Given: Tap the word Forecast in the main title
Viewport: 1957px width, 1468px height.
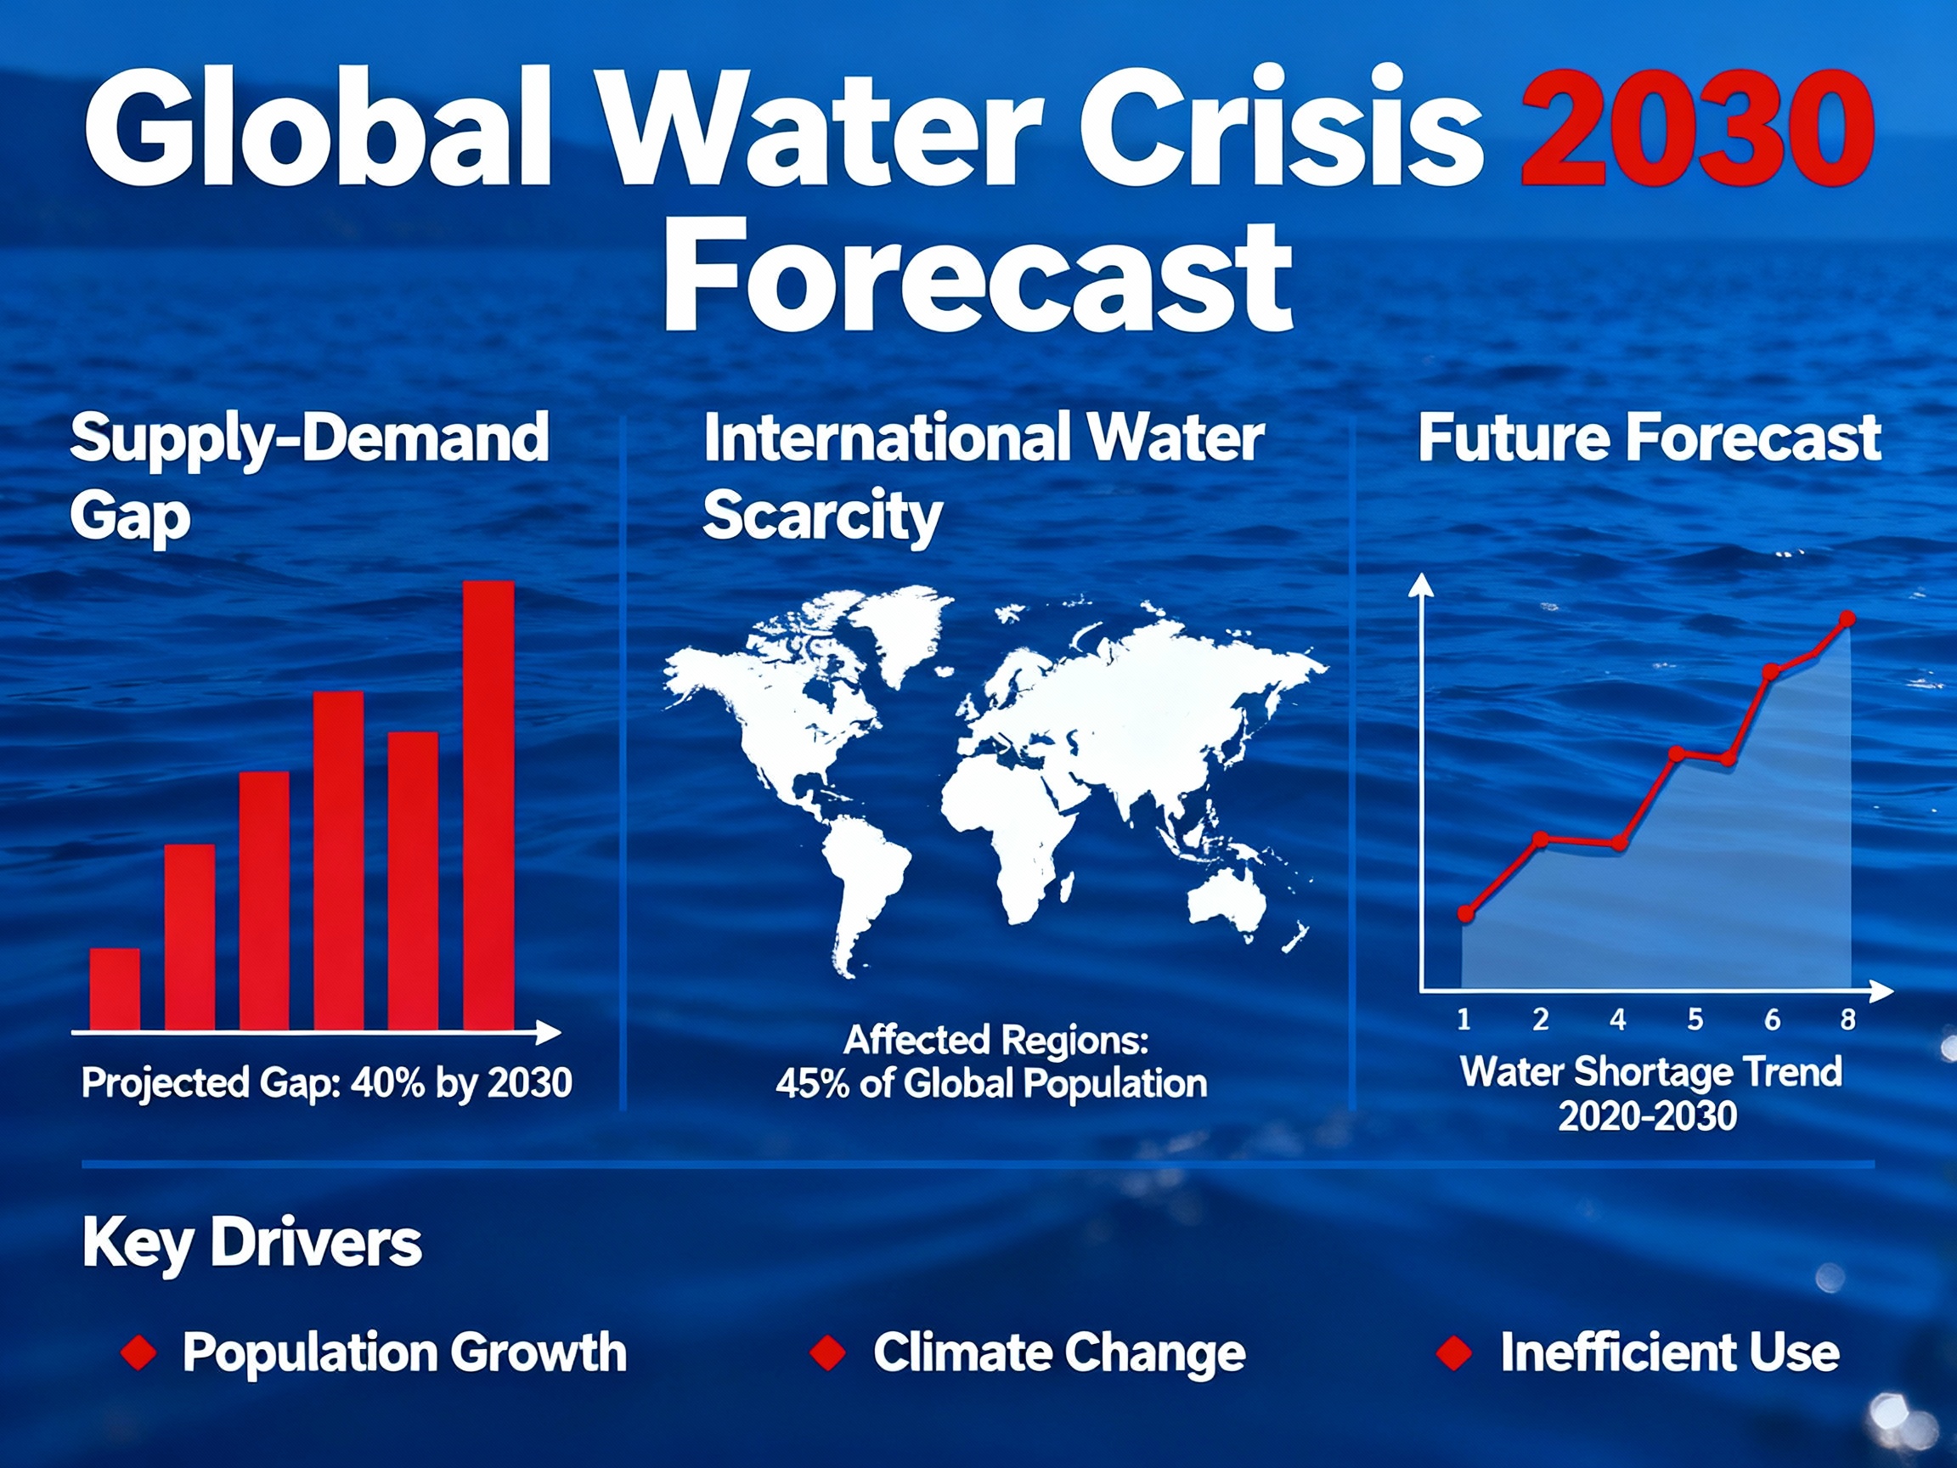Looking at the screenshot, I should [978, 276].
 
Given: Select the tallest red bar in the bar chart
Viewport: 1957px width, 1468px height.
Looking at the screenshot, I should [488, 805].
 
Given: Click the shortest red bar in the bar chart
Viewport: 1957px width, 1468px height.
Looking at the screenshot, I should [115, 988].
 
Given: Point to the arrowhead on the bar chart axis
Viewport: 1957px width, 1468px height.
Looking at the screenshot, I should [551, 1031].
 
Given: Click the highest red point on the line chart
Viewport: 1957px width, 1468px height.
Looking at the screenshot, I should [1847, 618].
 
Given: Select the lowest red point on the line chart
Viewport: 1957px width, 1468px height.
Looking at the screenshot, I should [1465, 913].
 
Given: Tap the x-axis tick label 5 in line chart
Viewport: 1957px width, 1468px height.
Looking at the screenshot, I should [1695, 1019].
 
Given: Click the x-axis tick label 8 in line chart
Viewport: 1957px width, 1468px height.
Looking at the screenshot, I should [1848, 1019].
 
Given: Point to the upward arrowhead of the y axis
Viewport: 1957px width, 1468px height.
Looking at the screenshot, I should [1421, 584].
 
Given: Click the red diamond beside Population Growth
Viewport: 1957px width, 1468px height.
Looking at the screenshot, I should [139, 1353].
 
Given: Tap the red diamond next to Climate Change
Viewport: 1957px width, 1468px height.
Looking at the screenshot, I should [828, 1353].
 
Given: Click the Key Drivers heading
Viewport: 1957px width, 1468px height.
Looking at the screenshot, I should [252, 1243].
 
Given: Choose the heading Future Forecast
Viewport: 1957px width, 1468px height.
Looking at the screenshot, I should [1650, 438].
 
